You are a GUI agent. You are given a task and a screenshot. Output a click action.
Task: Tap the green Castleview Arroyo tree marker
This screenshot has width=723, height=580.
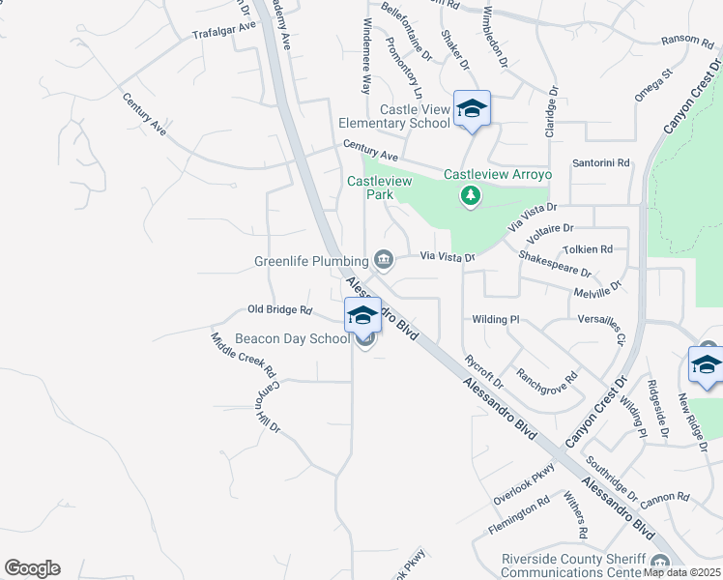[471, 196]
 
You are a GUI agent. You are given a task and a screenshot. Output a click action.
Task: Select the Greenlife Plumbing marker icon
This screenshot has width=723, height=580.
[384, 259]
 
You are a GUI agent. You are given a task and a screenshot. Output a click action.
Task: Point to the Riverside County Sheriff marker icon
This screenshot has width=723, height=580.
[661, 564]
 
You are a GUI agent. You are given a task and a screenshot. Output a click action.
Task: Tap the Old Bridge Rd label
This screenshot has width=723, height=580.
[280, 310]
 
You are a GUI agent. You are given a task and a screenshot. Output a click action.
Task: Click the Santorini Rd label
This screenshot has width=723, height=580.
[601, 162]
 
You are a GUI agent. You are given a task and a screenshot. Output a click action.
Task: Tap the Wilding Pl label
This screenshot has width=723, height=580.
[496, 319]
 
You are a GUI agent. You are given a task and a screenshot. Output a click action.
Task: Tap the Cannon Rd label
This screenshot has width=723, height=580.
[664, 499]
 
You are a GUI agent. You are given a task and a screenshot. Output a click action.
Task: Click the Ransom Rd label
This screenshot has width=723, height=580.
[686, 40]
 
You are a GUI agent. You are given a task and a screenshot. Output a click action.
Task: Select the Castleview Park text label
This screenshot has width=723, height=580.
[370, 187]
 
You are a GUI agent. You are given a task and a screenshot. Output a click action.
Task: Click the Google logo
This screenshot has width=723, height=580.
[32, 568]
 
